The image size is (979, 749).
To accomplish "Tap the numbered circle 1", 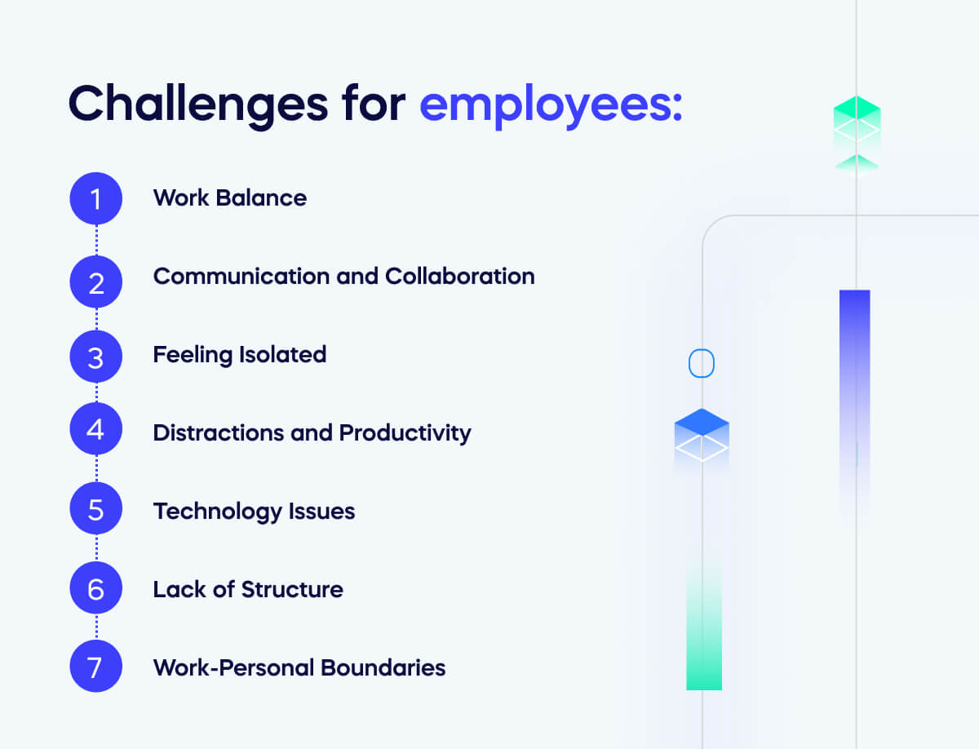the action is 96,198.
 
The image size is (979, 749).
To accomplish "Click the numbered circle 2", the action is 96,282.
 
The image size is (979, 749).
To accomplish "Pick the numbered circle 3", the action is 96,357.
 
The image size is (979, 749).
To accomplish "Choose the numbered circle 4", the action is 96,428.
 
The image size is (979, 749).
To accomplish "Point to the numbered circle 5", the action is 96,508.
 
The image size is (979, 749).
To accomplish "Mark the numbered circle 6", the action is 96,588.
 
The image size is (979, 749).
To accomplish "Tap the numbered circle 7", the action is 96,666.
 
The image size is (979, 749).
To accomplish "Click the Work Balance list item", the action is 230,197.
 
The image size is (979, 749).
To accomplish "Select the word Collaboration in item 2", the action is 460,276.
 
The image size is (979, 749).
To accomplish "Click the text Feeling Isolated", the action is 240,356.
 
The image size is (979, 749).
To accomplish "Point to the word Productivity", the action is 405,433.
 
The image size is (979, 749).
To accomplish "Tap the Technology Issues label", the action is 255,512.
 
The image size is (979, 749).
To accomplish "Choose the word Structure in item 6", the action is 293,589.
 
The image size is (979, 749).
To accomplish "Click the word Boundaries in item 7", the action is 383,667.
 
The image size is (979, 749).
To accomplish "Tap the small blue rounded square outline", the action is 702,363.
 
